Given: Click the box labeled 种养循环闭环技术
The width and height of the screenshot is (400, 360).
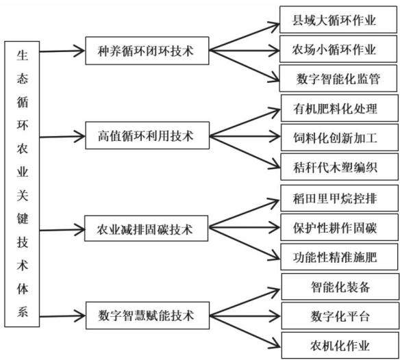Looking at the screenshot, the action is point(147,51).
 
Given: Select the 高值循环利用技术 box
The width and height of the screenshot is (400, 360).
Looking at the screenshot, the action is point(147,136).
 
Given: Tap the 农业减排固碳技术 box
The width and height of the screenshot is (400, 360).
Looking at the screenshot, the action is point(146,229).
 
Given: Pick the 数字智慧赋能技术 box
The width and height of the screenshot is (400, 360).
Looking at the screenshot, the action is point(147,316).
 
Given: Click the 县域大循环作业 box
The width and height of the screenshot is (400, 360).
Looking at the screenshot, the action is point(338,20).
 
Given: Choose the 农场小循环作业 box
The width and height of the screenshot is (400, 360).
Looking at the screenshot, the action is point(338,49).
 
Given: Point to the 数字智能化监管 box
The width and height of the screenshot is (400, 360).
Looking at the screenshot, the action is point(338,78).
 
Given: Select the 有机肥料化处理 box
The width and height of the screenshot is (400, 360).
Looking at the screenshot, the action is point(340,108).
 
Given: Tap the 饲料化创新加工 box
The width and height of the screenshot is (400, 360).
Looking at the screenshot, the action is point(340,138).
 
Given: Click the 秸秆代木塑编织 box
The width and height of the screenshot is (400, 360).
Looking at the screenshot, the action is point(340,167).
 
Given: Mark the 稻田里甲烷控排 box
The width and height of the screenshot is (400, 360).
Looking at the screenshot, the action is point(339,198).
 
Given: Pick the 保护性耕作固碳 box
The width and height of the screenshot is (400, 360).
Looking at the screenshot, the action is point(339,227).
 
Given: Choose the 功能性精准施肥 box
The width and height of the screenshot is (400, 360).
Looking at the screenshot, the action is point(339,257).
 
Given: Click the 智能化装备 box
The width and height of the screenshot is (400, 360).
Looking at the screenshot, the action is point(340,287).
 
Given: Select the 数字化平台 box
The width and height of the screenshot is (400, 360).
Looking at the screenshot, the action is point(340,316).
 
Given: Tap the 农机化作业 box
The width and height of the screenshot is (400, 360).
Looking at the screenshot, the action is point(340,346).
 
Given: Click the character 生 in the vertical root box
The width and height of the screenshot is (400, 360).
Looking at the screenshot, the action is point(23,55).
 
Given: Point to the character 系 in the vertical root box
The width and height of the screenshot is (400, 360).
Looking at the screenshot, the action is point(23,311).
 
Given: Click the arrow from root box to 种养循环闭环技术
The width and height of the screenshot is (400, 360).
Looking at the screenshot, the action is point(62,51).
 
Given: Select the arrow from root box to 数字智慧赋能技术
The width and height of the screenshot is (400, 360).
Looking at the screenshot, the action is point(62,316).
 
